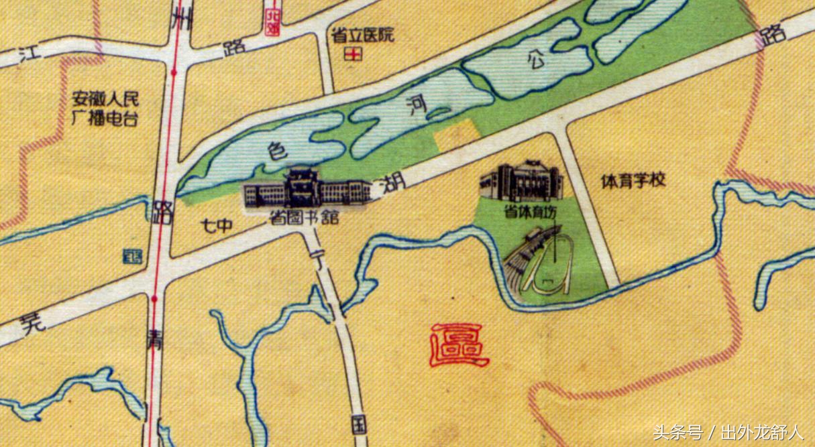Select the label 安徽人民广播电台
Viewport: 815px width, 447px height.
[x=105, y=110]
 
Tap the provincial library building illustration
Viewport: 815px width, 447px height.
[x=307, y=190]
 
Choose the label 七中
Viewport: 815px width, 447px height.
[x=217, y=227]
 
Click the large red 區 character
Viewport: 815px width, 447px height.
[x=459, y=344]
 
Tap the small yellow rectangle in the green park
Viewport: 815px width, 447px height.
[x=457, y=135]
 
